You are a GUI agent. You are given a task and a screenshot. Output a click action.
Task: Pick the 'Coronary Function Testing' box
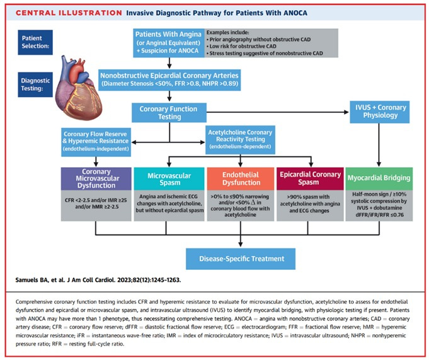(x=168, y=112)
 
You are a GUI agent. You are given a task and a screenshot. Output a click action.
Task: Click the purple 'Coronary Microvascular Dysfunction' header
(x=97, y=179)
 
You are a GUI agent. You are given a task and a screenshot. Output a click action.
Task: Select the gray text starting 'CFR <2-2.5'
(x=97, y=206)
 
